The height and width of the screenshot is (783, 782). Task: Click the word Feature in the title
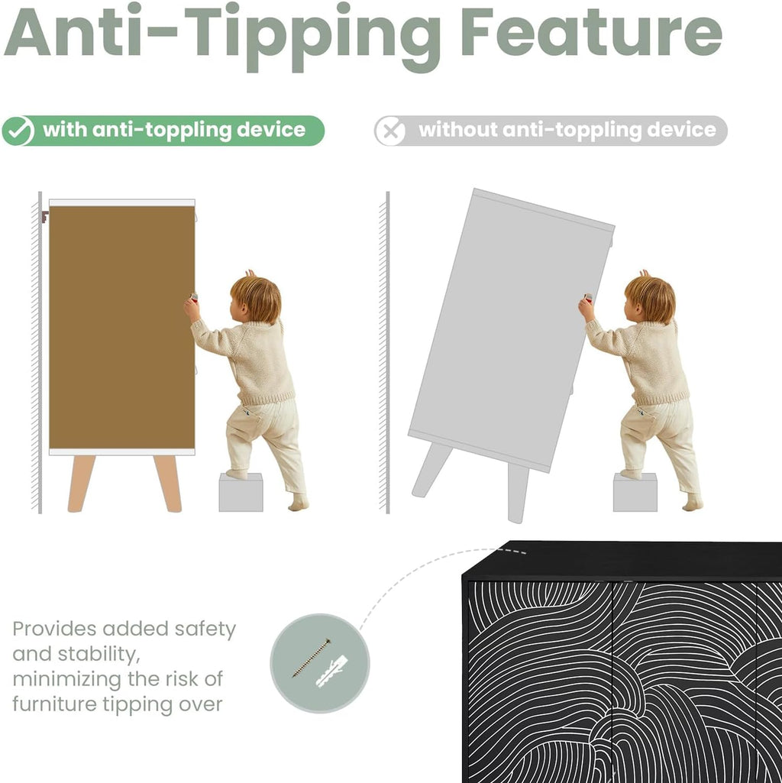click(x=591, y=32)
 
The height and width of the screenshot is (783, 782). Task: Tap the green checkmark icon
click(x=18, y=131)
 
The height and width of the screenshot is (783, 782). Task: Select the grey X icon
click(x=389, y=131)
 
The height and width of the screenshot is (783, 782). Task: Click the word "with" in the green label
click(x=64, y=129)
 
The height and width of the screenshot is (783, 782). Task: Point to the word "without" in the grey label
click(x=458, y=129)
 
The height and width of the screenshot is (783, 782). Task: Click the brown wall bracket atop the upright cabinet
click(x=45, y=217)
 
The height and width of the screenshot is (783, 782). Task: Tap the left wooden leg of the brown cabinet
click(x=81, y=484)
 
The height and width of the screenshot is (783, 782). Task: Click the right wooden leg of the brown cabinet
click(x=168, y=484)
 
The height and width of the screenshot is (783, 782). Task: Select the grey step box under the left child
click(x=241, y=493)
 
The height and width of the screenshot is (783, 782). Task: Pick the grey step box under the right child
click(x=635, y=493)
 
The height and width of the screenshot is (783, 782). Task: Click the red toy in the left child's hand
click(x=193, y=298)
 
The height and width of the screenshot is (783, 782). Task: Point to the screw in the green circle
click(x=312, y=658)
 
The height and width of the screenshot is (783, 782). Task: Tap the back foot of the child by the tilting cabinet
click(x=693, y=503)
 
